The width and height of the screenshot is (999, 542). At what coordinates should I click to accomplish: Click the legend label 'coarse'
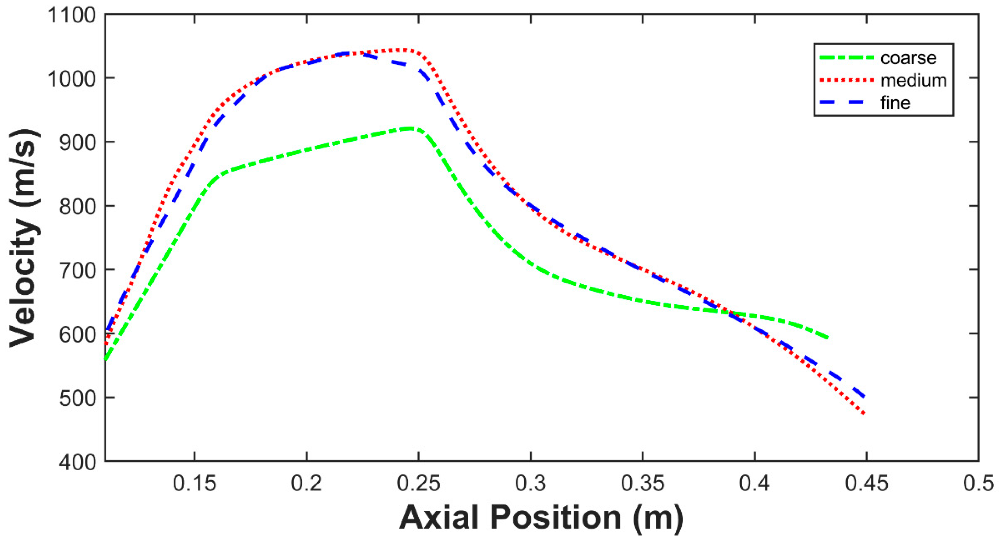click(x=908, y=59)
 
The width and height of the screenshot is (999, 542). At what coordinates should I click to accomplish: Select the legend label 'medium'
click(x=914, y=81)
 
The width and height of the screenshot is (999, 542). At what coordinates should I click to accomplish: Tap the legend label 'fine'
click(x=895, y=103)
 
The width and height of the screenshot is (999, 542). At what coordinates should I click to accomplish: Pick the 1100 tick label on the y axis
click(x=71, y=16)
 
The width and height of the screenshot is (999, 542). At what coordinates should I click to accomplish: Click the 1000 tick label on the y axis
click(x=71, y=80)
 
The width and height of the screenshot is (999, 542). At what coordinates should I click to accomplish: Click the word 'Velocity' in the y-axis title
click(x=25, y=283)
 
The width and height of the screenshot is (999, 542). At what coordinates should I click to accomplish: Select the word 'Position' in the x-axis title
click(x=556, y=518)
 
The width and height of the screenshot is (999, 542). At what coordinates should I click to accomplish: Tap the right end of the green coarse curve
click(x=827, y=338)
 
